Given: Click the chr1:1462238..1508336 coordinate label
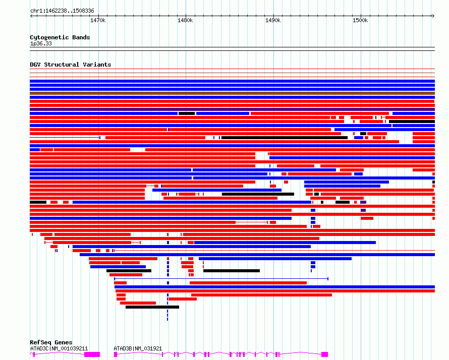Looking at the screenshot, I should [62, 11].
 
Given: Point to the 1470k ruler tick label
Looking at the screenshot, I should [98, 20].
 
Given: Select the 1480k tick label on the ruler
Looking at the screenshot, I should [185, 20].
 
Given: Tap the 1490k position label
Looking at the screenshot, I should [273, 20].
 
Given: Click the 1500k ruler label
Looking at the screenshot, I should [360, 20].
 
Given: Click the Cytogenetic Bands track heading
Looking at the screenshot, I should [60, 37].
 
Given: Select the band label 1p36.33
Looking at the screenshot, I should [41, 43].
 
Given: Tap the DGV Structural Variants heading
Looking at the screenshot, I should [70, 65].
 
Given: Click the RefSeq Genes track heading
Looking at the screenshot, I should [51, 343].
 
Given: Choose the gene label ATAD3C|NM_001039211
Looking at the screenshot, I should [59, 348].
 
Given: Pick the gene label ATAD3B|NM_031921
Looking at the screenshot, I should [138, 348].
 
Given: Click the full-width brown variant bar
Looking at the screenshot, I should [232, 93].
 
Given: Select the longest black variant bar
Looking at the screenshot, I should [285, 138].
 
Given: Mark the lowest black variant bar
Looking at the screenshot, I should [152, 307].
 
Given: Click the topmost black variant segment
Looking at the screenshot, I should [187, 113].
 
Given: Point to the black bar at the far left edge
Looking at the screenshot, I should [38, 202].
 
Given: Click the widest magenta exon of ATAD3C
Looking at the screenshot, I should [92, 354].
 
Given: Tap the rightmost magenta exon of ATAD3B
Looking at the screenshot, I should [324, 354].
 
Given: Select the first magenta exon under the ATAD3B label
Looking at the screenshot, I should [116, 354].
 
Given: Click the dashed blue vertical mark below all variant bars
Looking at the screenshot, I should [167, 315].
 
